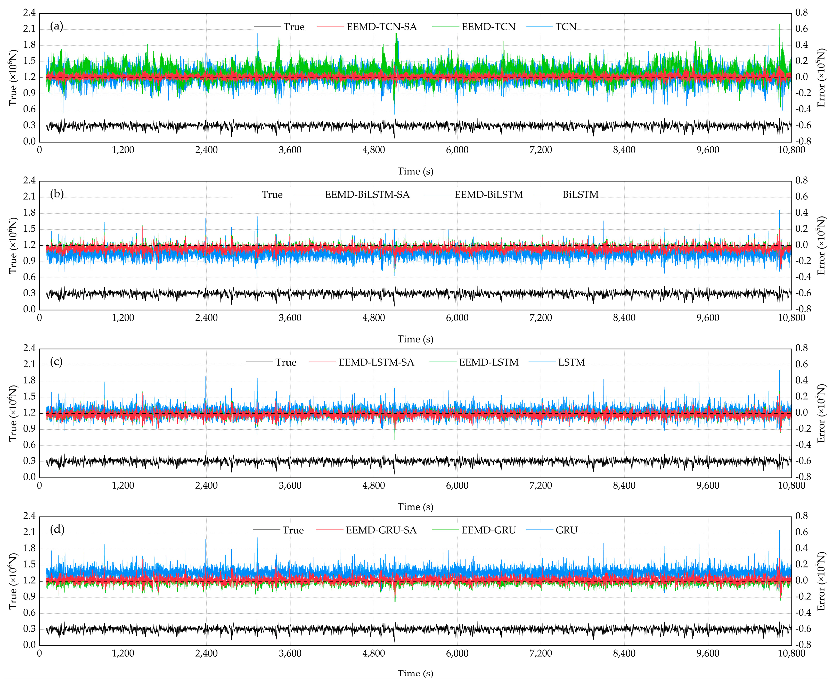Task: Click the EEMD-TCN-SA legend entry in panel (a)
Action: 381,27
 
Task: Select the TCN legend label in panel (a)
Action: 566,27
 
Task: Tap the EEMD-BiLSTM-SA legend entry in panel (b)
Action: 367,195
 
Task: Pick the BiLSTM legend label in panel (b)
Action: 580,195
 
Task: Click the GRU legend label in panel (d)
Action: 566,530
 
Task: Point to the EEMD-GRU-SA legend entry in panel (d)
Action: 381,530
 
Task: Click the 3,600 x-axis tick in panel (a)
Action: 290,150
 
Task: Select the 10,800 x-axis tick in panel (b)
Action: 791,318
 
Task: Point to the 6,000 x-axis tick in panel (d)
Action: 457,654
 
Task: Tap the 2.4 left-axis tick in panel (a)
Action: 29,13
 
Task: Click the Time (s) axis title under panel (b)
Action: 415,339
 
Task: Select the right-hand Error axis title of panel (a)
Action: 822,78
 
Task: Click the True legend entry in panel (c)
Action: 285,362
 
